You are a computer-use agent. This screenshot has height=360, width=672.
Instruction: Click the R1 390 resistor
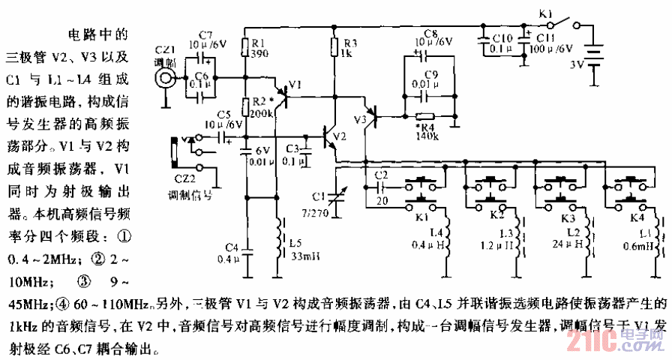coord(246,48)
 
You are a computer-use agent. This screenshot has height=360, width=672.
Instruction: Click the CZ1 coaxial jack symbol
coord(163,76)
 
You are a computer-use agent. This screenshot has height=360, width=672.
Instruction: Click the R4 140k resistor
coord(425,116)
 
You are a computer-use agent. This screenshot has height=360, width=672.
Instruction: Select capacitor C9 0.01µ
coord(426,95)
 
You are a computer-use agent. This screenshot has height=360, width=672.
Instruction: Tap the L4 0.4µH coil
coord(446,237)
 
